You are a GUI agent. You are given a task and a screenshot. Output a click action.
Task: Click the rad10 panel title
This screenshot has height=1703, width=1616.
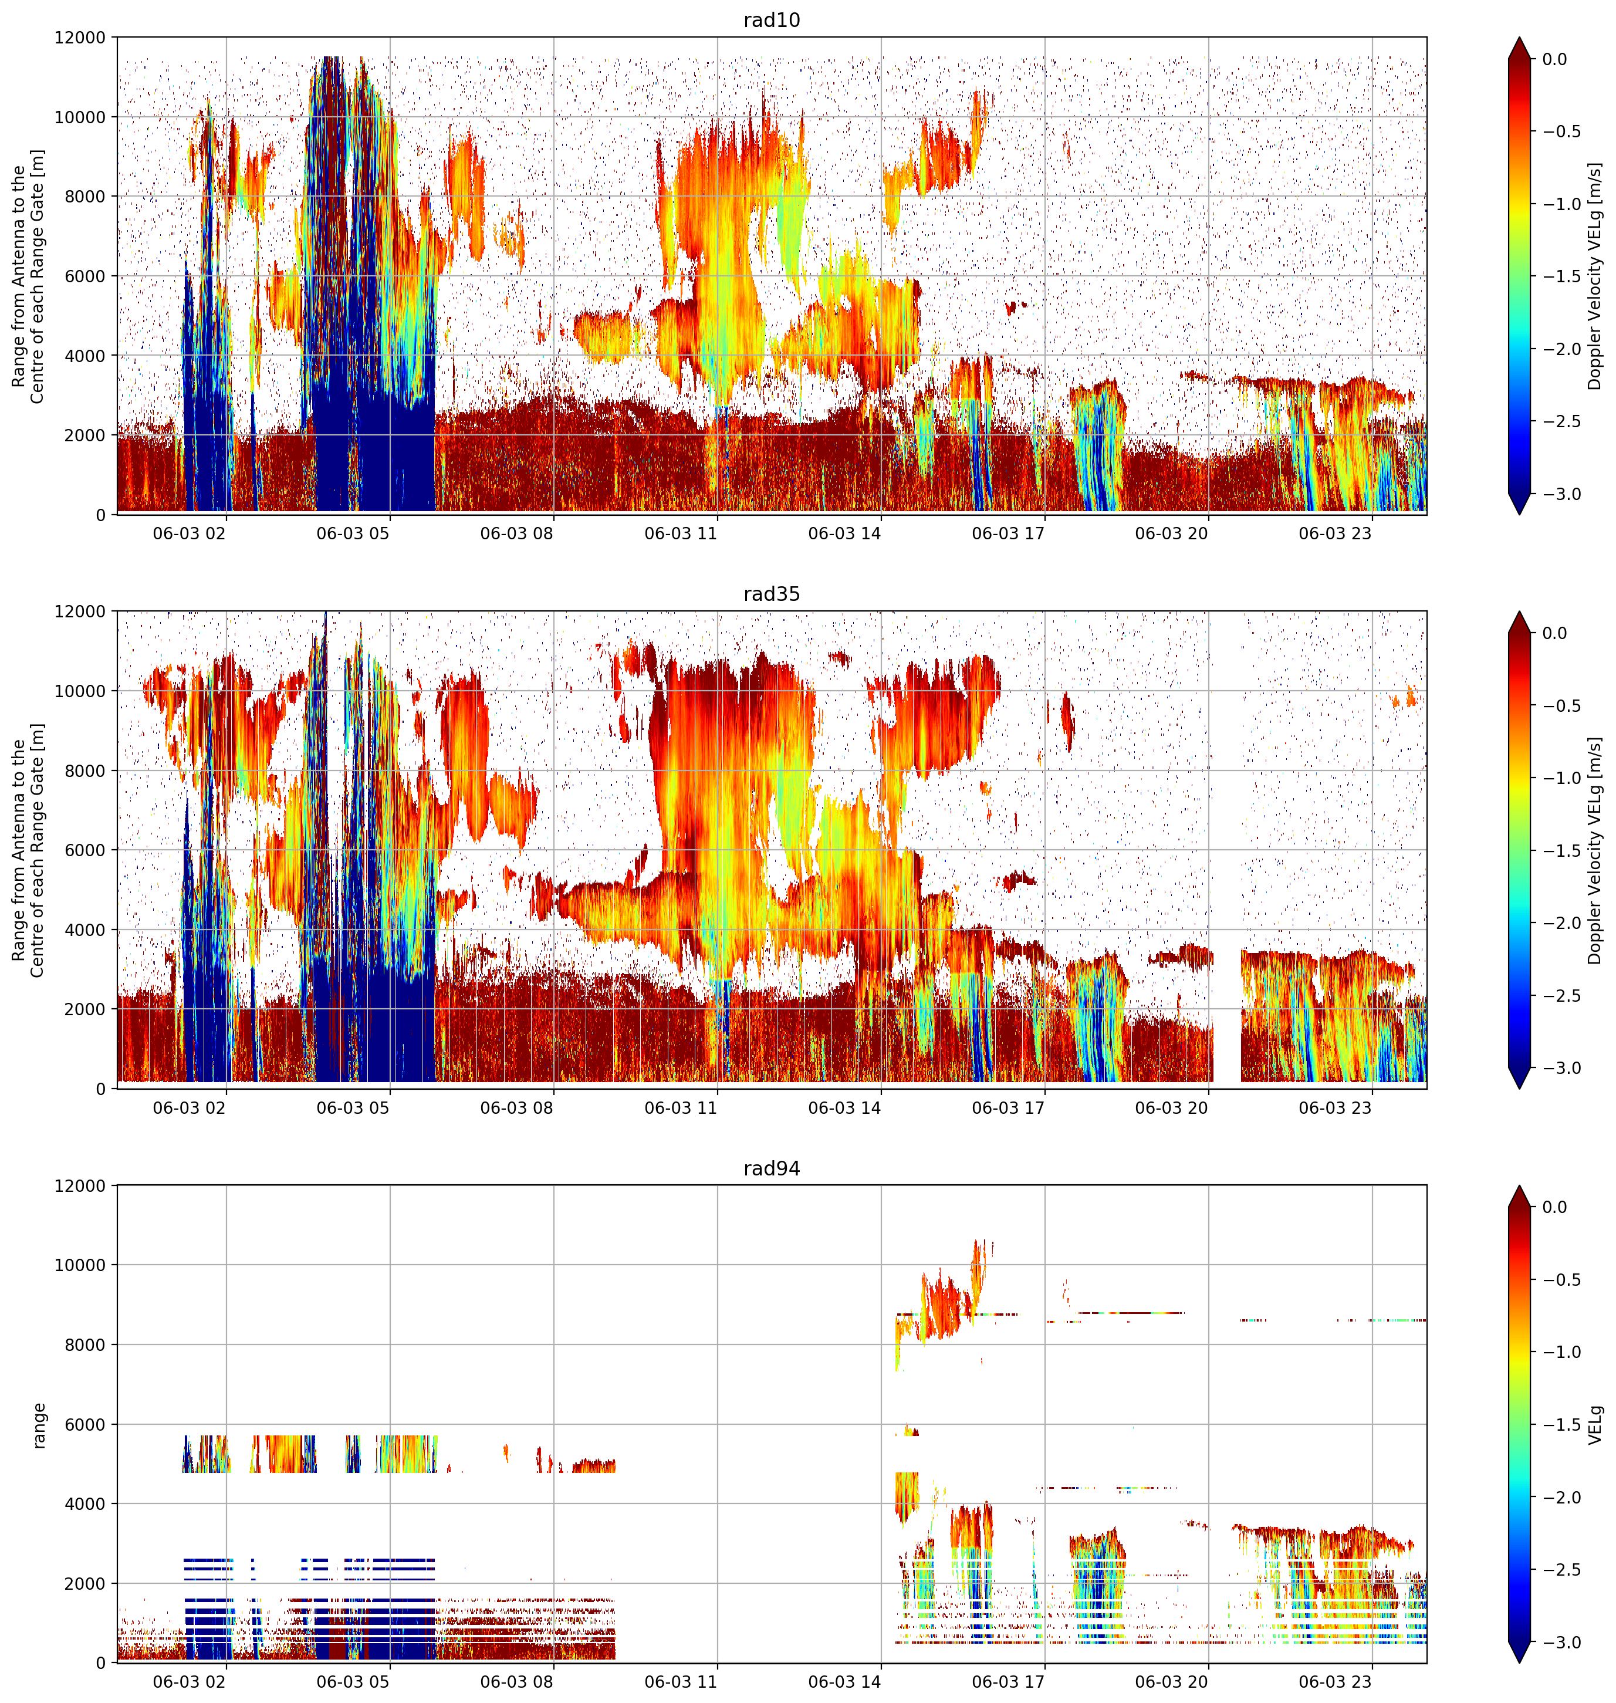pos(771,20)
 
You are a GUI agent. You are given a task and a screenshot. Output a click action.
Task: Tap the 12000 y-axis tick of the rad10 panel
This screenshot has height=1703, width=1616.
pos(80,38)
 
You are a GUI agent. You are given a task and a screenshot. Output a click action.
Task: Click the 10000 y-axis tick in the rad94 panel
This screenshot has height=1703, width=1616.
pos(80,1265)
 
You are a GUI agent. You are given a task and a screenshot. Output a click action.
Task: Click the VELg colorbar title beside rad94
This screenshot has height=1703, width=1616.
pos(1596,1425)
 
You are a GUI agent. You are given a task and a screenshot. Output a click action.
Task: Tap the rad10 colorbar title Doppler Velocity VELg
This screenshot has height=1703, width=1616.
pos(1595,276)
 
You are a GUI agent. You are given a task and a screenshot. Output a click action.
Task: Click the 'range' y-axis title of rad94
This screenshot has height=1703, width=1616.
pos(39,1425)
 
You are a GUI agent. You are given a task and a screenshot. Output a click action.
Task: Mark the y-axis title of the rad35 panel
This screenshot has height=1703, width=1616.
pos(28,850)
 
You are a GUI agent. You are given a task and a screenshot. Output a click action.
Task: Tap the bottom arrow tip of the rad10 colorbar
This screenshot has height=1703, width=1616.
pos(1520,514)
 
